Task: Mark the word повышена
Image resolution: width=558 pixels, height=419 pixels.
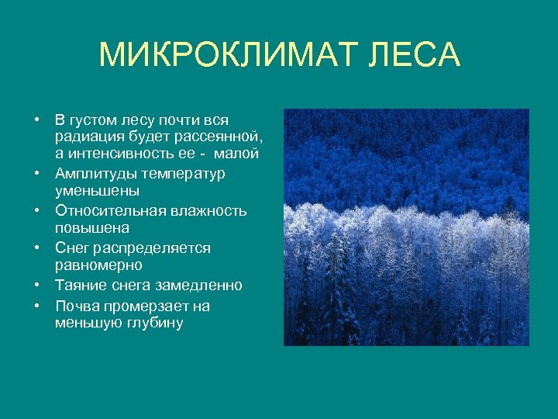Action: [x=91, y=228]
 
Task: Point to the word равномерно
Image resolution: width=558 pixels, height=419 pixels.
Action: [x=98, y=265]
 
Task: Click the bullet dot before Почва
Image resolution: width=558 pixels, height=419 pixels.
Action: [x=36, y=305]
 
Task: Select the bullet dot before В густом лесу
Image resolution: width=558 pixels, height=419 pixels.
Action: [x=36, y=120]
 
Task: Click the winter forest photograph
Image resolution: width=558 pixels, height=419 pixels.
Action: [x=405, y=227]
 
